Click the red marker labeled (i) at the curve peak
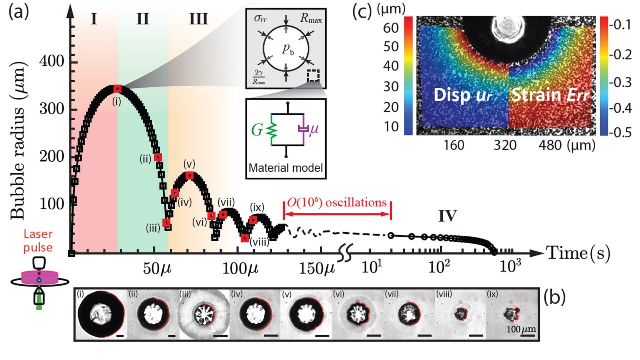pyautogui.click(x=117, y=89)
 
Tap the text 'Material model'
pyautogui.click(x=286, y=169)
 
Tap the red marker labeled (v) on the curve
pyautogui.click(x=189, y=175)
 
